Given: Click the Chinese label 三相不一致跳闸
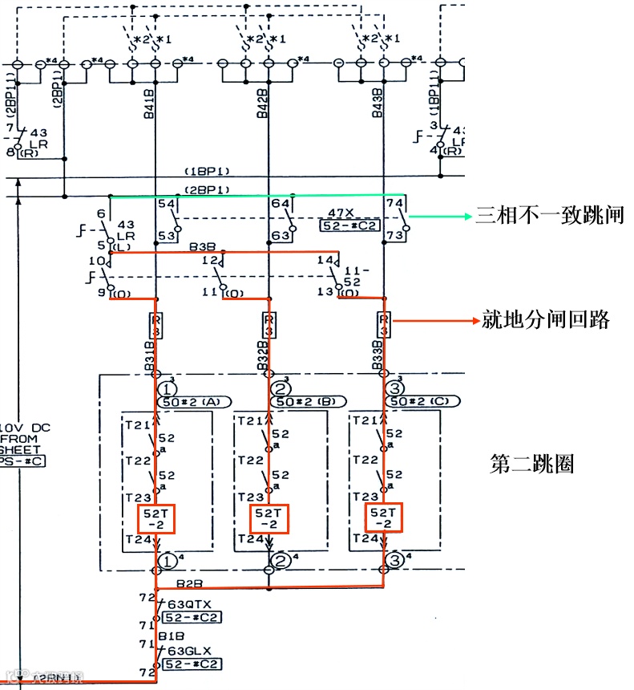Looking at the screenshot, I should click(x=549, y=216).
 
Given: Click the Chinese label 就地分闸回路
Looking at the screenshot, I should click(x=546, y=319).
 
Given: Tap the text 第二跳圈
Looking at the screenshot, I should click(x=531, y=464).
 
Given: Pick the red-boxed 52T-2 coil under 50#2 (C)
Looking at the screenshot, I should click(x=383, y=517).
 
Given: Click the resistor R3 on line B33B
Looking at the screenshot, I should click(x=384, y=325).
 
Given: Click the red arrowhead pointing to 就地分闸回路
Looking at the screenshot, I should click(x=473, y=320).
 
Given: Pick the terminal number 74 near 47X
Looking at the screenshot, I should click(x=394, y=205).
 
